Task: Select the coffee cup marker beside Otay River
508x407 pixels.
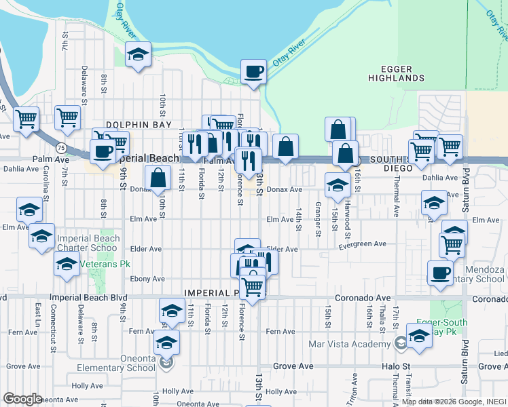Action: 254,71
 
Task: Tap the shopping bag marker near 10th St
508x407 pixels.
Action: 158,178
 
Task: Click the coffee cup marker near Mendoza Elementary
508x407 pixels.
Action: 440,273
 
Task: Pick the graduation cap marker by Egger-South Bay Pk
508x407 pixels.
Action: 419,336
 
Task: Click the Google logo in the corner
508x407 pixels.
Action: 22,400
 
